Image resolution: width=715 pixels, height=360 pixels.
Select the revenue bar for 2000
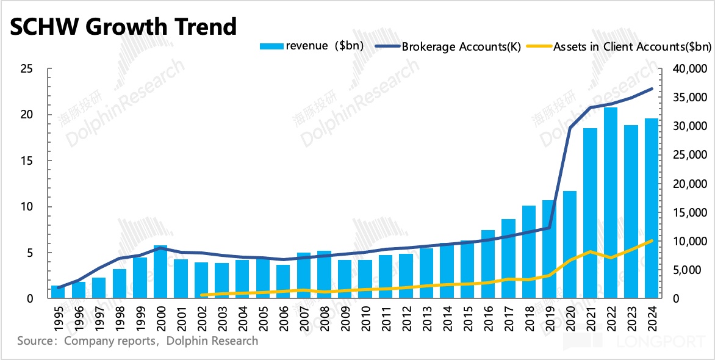tap(160, 272)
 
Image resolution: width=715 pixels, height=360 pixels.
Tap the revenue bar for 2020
tap(570, 245)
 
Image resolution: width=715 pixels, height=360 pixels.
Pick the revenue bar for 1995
tap(58, 292)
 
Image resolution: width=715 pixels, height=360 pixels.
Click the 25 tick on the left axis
tap(25, 69)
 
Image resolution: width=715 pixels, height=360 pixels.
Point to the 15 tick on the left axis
tap(25, 161)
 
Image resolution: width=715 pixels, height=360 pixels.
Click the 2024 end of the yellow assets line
tap(652, 241)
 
